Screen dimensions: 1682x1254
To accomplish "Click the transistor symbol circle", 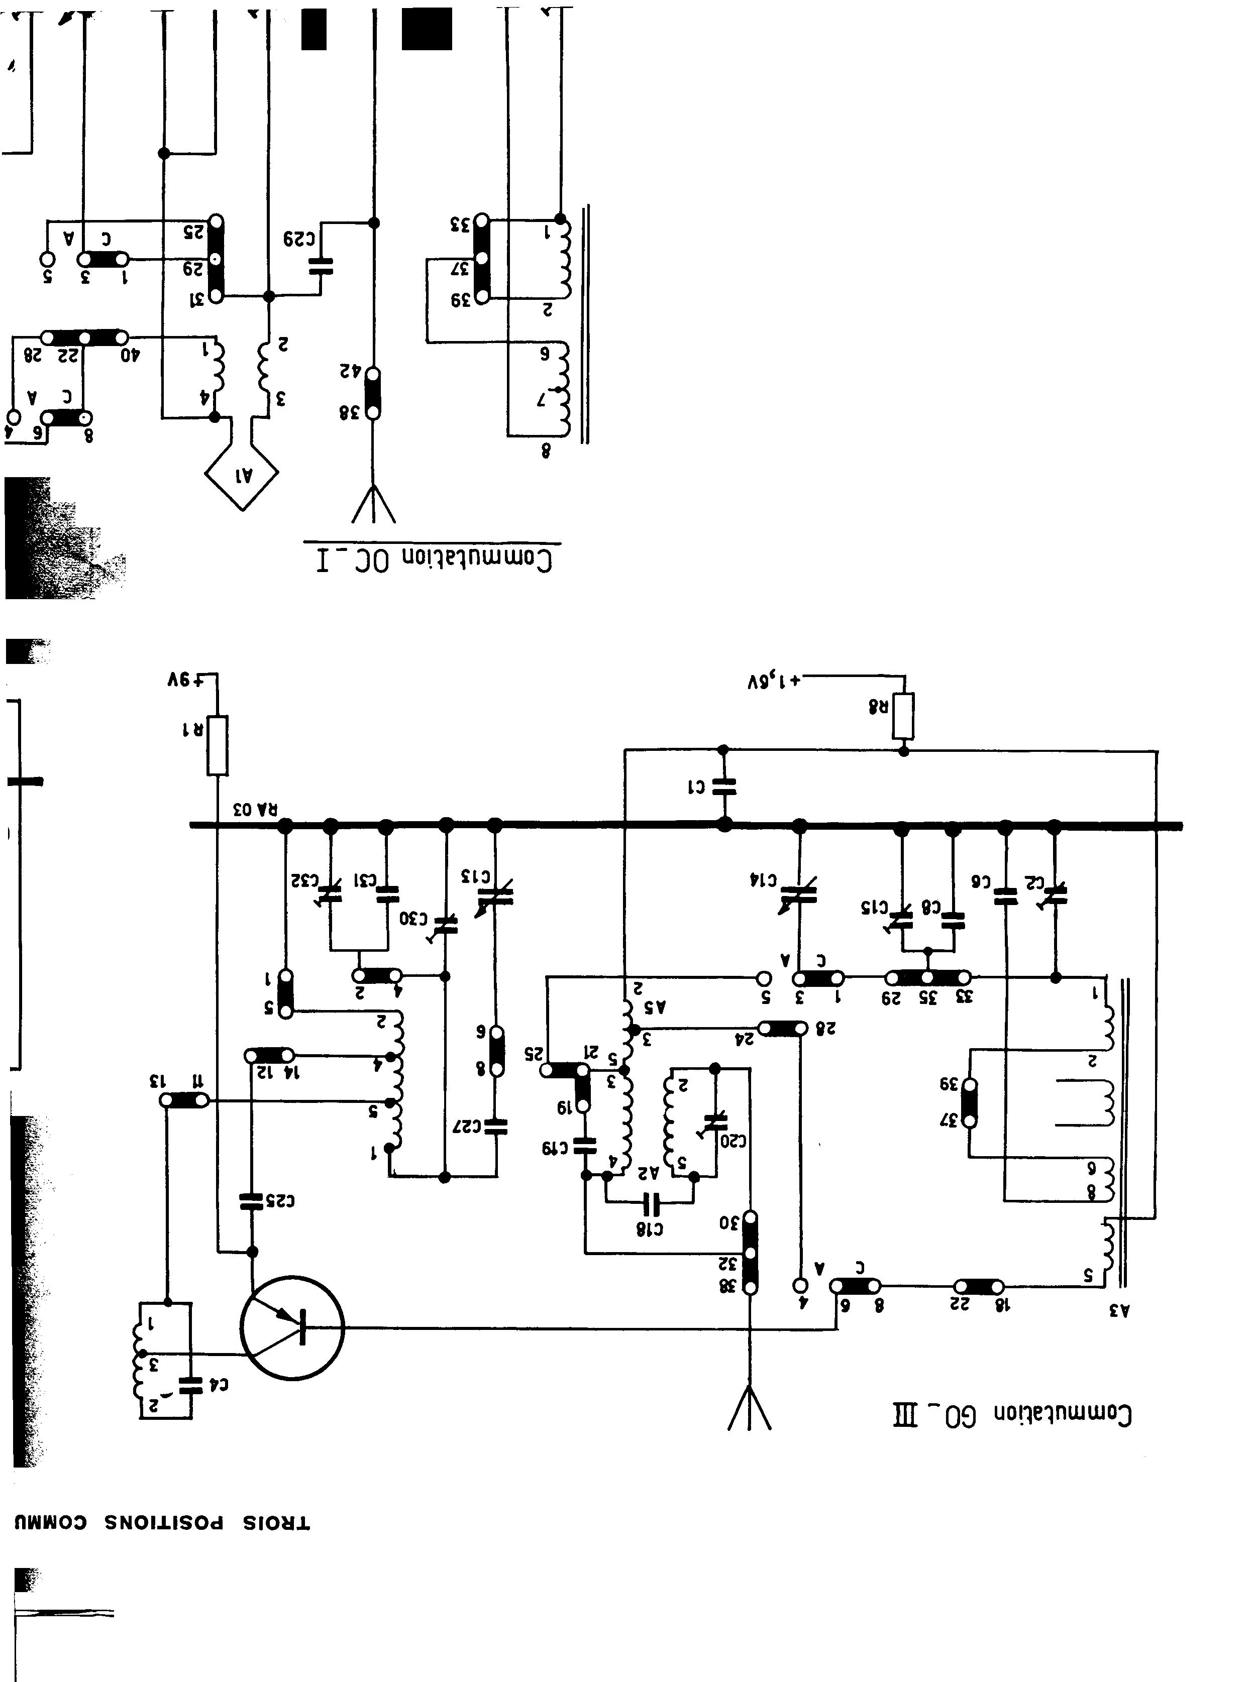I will [x=292, y=1328].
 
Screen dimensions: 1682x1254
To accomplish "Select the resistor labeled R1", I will [x=218, y=745].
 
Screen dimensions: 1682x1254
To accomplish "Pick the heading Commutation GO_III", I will [x=1013, y=1414].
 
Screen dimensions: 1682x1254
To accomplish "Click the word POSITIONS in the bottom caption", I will [x=163, y=1523].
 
